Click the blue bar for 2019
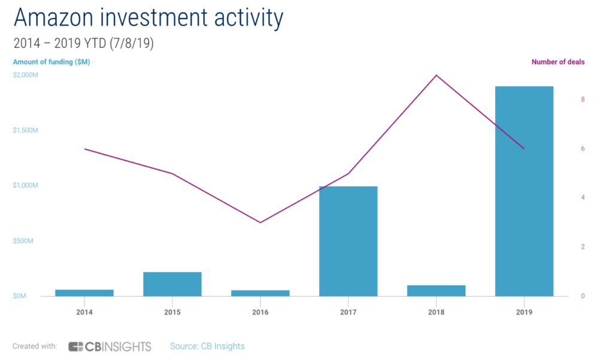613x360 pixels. [524, 191]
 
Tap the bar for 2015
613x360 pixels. [172, 284]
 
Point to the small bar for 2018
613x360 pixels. [436, 291]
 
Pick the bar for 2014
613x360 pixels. [84, 293]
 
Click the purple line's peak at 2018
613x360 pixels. [436, 75]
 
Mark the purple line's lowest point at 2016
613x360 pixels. [260, 222]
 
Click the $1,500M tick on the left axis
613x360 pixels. [25, 131]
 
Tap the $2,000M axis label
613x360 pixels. [25, 75]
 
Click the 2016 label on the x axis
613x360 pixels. [260, 313]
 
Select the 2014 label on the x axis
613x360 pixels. [84, 313]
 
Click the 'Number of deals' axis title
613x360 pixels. [558, 62]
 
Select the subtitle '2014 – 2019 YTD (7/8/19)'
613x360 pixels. [83, 44]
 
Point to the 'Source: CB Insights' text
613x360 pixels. [207, 346]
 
